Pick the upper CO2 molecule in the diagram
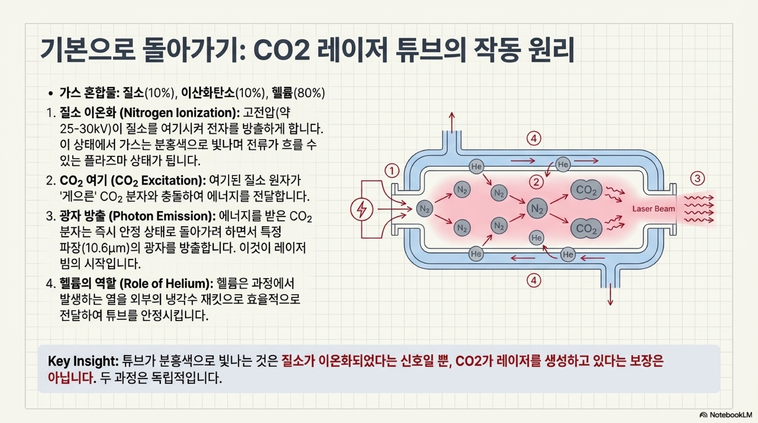pyautogui.click(x=586, y=190)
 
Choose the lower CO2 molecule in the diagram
pyautogui.click(x=586, y=228)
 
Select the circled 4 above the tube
pyautogui.click(x=534, y=138)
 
